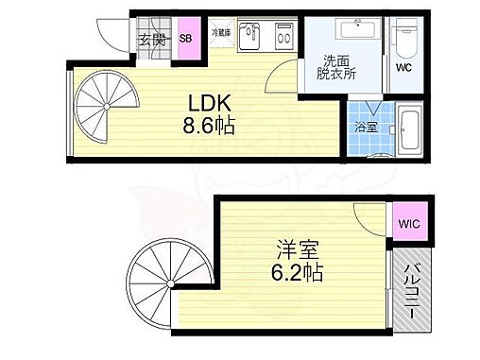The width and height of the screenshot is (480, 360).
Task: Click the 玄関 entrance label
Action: coord(151,40)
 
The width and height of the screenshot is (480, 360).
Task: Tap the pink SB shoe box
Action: coord(186,39)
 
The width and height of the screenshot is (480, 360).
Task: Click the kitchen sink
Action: coord(249,37)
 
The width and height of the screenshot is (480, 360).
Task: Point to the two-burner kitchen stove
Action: coord(280,37)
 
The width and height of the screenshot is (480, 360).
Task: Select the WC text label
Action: coord(404,68)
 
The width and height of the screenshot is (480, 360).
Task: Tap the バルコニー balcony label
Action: coord(412,288)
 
